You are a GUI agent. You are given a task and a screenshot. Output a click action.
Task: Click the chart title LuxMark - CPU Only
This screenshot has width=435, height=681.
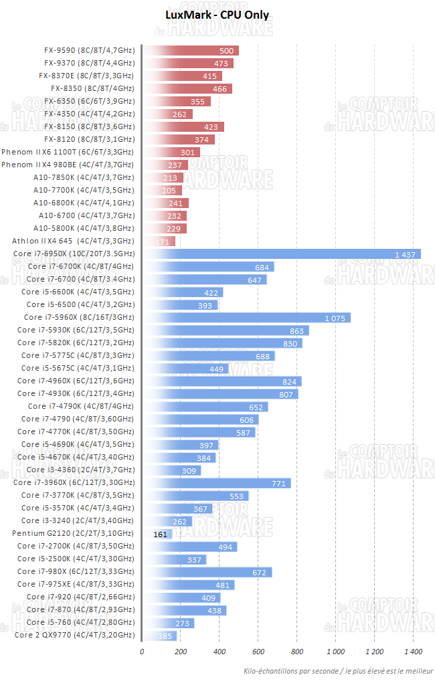[217, 15]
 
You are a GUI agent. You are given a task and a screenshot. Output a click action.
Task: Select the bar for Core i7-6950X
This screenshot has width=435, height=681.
[282, 254]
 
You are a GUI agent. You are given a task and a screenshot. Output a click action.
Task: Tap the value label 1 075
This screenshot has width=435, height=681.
[335, 318]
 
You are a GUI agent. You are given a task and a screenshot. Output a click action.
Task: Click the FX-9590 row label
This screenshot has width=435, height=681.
[89, 50]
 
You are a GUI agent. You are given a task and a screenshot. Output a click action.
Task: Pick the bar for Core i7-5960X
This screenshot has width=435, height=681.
[246, 318]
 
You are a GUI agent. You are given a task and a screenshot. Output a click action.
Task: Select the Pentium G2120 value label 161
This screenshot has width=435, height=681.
[160, 534]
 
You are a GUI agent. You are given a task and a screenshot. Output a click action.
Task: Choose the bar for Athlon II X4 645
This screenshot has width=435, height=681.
[159, 241]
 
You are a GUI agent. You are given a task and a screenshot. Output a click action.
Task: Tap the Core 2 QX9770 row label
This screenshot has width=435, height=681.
[74, 635]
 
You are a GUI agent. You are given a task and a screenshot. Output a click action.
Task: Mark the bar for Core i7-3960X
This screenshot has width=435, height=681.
[217, 483]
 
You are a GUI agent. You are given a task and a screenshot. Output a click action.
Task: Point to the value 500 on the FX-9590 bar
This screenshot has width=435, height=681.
[226, 51]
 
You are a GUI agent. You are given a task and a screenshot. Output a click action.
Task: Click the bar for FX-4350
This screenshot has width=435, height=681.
[167, 114]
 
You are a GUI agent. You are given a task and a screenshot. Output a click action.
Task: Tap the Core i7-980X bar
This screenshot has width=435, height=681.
[207, 572]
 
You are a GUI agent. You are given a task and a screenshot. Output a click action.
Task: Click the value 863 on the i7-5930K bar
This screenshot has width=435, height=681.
[296, 330]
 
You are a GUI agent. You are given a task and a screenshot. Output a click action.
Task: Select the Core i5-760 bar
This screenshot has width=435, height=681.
[168, 623]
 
